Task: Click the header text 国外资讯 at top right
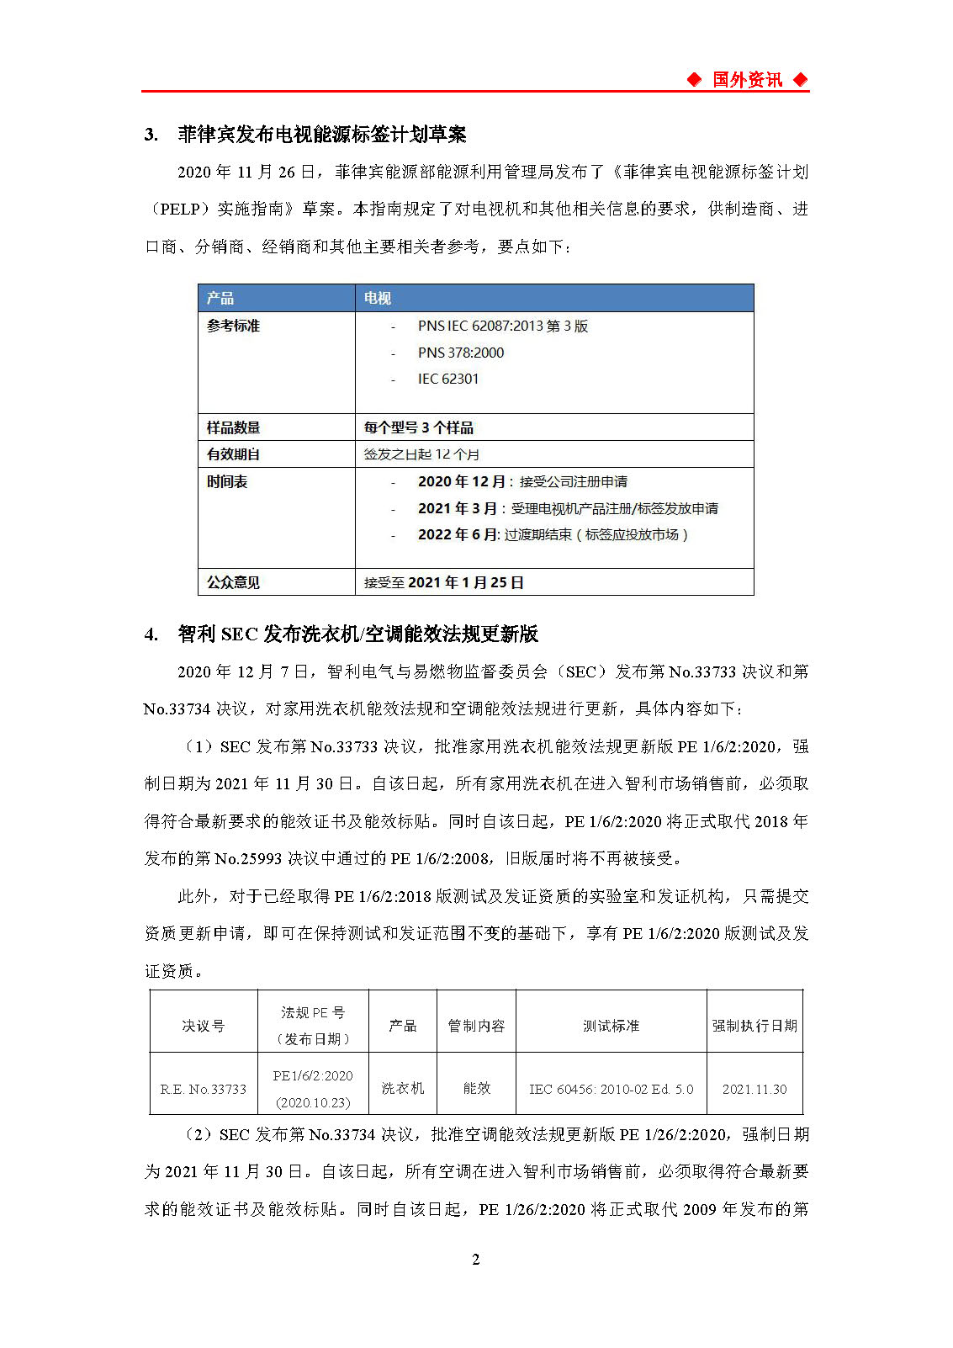[747, 80]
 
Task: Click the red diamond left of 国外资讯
[694, 80]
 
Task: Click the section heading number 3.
[151, 135]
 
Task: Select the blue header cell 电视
[378, 298]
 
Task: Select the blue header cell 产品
[220, 298]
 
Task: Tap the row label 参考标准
[233, 326]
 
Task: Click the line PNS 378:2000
[461, 353]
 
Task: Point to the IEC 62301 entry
[448, 379]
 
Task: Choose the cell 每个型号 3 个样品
[419, 427]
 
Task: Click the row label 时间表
[227, 481]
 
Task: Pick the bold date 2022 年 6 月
[458, 534]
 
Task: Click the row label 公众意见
[233, 582]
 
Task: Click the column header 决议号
[204, 1026]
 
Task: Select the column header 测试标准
[611, 1026]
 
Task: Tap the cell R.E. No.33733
[204, 1089]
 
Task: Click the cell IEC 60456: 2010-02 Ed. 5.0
[611, 1089]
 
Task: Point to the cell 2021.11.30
[754, 1089]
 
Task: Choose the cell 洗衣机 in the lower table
[403, 1088]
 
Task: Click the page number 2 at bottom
[476, 1260]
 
